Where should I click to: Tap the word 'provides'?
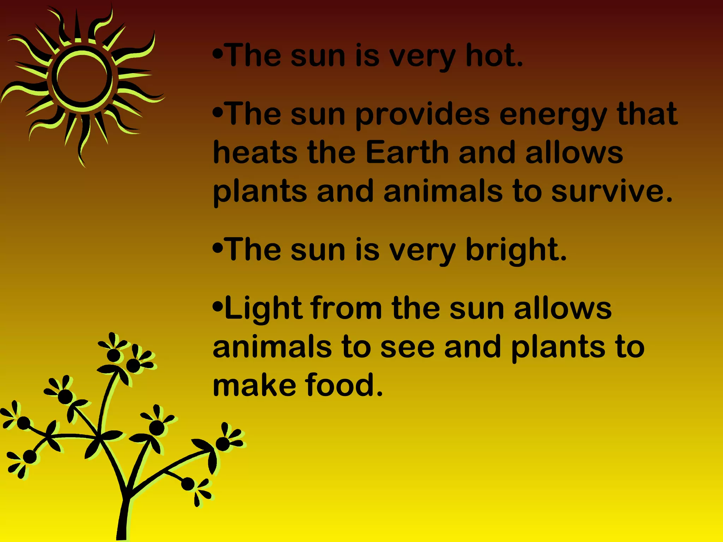pos(423,115)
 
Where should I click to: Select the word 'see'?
pos(407,347)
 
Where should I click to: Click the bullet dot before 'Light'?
pos(218,306)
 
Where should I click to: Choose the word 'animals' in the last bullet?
pos(272,347)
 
